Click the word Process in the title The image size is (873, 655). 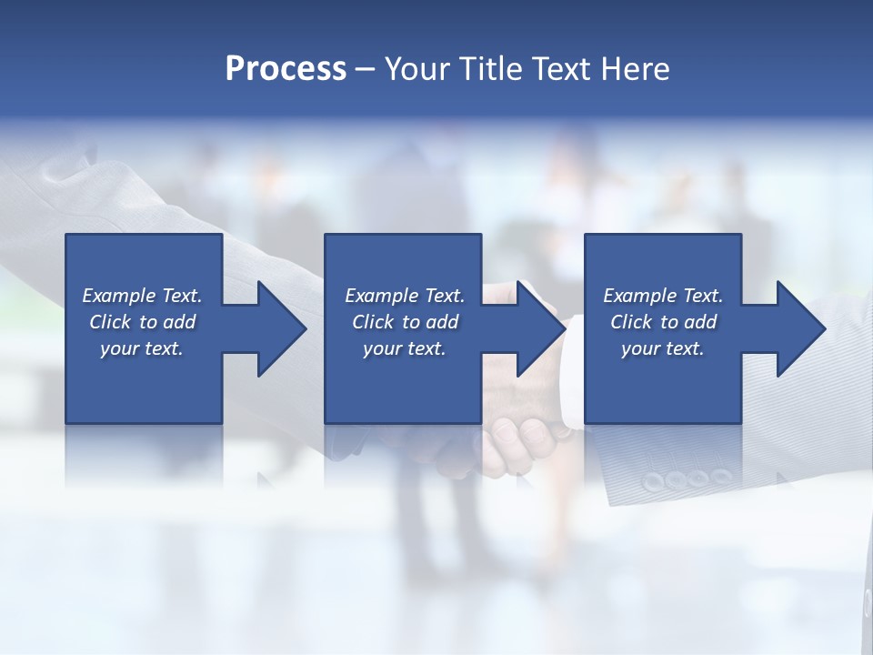286,69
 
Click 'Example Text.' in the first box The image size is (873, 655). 142,296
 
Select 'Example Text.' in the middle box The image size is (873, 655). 405,296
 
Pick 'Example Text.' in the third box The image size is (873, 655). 663,296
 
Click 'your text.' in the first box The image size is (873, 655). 142,348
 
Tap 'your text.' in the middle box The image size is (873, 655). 405,348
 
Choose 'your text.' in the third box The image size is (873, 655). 663,348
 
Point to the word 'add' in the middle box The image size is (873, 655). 442,322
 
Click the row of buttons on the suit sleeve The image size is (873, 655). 687,478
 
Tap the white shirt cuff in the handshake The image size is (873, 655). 571,373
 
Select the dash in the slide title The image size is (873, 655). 365,69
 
